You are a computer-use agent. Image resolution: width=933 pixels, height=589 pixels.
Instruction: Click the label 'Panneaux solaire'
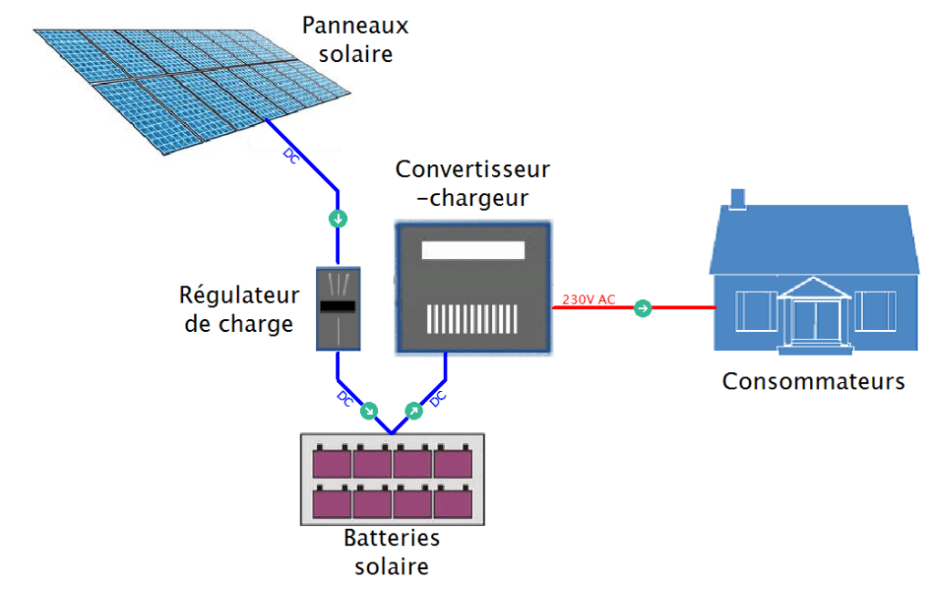[355, 40]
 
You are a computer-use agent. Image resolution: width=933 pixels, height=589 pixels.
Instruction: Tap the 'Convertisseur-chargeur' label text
[473, 183]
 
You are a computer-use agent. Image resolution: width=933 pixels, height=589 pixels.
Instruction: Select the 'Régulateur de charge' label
[239, 310]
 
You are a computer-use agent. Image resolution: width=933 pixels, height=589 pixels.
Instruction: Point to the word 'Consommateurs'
[814, 381]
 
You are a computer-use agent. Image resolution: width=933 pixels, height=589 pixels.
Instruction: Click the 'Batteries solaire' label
[391, 552]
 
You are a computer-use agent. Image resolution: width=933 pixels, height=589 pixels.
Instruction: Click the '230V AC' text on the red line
[589, 299]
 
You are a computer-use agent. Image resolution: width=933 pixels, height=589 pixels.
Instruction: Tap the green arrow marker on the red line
[642, 308]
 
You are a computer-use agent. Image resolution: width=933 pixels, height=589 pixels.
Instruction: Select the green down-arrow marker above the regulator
[338, 219]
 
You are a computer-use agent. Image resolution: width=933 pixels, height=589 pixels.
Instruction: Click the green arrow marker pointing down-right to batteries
[369, 411]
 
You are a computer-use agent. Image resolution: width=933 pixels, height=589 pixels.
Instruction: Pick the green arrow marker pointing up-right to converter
[413, 411]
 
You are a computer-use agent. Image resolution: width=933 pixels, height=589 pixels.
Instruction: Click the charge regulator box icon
[338, 309]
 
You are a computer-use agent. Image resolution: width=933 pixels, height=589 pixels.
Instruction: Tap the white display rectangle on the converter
[473, 251]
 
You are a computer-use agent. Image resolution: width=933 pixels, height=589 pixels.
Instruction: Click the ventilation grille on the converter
[473, 317]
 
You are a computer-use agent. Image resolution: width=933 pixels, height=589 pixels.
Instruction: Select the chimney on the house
[737, 198]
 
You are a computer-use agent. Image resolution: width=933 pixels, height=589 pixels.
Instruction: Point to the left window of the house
[754, 312]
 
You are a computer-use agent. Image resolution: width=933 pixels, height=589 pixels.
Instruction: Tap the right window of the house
[877, 312]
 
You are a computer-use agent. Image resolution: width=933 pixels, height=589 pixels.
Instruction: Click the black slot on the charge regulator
[338, 308]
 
